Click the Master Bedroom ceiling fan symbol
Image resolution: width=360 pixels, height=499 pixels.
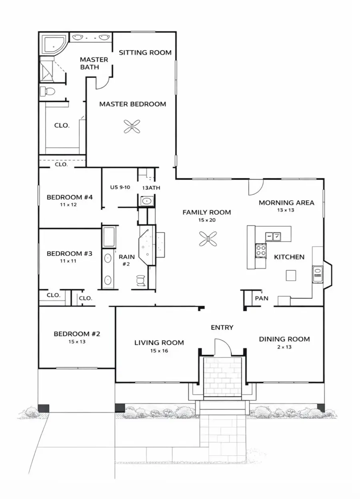pos(132,127)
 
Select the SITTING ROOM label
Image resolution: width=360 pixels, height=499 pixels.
pos(145,52)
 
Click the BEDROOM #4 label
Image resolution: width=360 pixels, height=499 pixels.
pos(70,197)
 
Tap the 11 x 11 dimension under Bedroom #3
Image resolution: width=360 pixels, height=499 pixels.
pos(69,261)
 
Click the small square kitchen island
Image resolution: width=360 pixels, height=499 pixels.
pos(291,275)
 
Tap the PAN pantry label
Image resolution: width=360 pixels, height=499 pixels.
pos(262,298)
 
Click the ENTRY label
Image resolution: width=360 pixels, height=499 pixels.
pos(222,327)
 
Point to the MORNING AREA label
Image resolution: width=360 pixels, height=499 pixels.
pos(286,203)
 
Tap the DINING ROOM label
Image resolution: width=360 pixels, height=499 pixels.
pos(284,339)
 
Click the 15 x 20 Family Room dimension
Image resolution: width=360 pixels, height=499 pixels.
pos(206,220)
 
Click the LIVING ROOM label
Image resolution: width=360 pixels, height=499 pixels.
pos(159,342)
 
